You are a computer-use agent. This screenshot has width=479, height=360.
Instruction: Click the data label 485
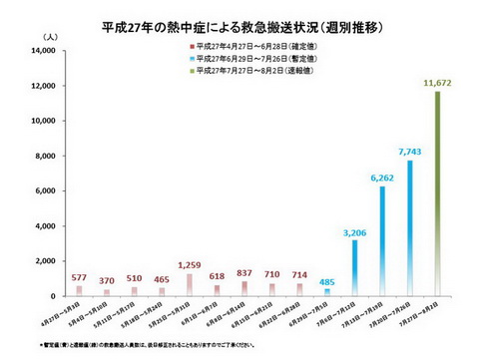[325, 280]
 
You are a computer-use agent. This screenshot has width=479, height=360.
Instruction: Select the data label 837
[243, 273]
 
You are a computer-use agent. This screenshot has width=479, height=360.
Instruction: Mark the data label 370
[107, 281]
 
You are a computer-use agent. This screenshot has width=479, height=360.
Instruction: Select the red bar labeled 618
[217, 290]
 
